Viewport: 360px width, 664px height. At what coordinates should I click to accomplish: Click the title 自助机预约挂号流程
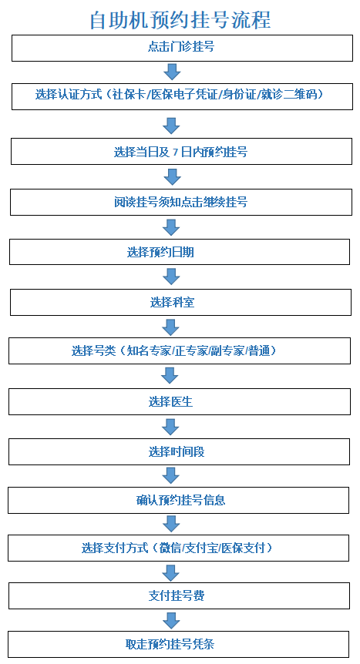[x=180, y=20]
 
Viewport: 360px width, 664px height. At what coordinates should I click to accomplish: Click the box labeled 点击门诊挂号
[x=182, y=48]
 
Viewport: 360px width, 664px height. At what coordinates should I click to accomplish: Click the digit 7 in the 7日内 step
[x=176, y=152]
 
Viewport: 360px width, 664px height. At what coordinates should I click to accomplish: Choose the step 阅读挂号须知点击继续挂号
[x=181, y=202]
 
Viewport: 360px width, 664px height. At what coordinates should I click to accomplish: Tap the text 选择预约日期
[x=160, y=253]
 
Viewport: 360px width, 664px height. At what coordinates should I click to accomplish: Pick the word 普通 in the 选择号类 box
[x=259, y=350]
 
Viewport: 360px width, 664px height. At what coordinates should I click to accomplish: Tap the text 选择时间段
[x=177, y=452]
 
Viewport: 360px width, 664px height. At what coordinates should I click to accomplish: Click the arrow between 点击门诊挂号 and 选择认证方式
[x=172, y=72]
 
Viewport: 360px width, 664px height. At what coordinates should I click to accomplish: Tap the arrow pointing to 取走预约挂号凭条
[x=171, y=620]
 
